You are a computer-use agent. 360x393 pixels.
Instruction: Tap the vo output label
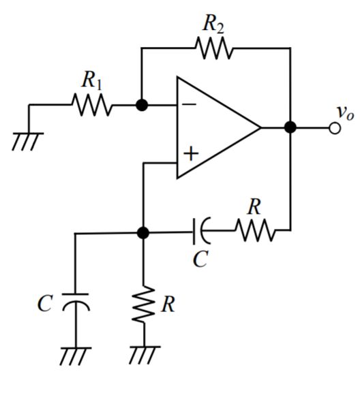(x=344, y=112)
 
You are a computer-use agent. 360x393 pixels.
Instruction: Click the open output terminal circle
(x=334, y=127)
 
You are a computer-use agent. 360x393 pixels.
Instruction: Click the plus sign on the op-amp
(x=190, y=153)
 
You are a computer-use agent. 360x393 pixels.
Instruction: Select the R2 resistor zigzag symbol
(x=213, y=48)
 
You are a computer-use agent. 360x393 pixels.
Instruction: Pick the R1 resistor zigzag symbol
(x=91, y=106)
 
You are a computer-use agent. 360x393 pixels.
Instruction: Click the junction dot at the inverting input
(x=142, y=106)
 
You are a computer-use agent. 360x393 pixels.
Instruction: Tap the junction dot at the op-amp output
(x=290, y=127)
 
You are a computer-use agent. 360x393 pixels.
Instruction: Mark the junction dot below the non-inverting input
(x=142, y=233)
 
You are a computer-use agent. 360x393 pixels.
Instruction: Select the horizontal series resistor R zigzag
(x=256, y=233)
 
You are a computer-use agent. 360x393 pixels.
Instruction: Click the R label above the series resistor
(x=254, y=208)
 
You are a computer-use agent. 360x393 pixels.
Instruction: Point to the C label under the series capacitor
(x=199, y=260)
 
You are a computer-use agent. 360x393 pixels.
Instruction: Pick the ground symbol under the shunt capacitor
(x=74, y=355)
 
